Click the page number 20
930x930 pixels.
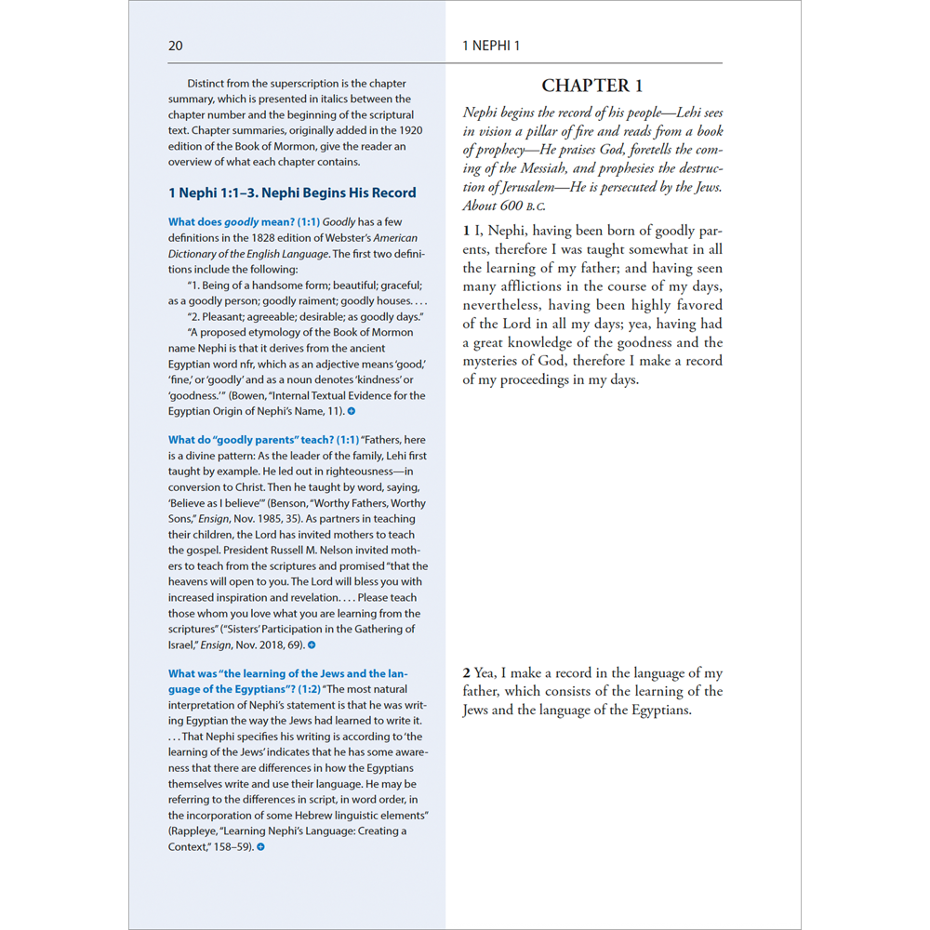click(176, 46)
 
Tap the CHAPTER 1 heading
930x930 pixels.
click(592, 86)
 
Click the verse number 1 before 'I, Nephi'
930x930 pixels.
click(467, 231)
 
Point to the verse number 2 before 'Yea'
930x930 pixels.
click(467, 672)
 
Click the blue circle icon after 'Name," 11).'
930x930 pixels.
click(352, 411)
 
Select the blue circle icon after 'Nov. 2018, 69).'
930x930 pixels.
click(312, 644)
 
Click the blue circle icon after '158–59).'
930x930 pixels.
click(260, 846)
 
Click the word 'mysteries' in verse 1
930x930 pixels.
click(495, 361)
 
